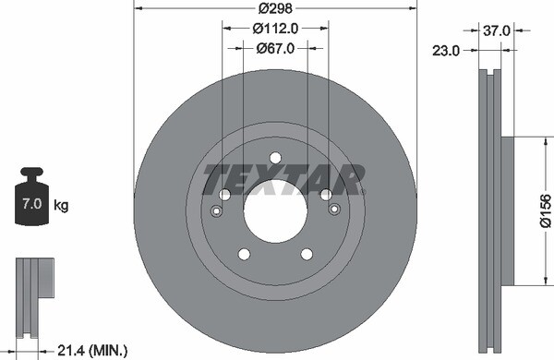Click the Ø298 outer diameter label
(274, 7)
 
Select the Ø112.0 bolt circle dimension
(274, 28)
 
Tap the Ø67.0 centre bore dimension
(274, 48)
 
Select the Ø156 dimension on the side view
(545, 211)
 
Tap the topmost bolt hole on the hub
(275, 158)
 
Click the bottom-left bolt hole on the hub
(244, 254)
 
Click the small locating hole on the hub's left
(216, 211)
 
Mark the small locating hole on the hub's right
(334, 211)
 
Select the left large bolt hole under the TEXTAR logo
(224, 195)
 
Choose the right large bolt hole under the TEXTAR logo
(326, 195)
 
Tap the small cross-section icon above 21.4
(34, 286)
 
